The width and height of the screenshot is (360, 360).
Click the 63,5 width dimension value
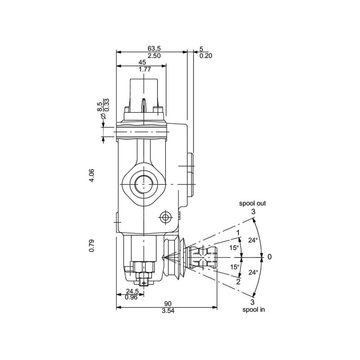coord(154,49)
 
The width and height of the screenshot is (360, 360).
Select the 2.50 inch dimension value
coord(154,56)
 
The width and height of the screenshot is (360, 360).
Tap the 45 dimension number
coord(142,62)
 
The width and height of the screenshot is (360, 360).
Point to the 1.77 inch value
coord(144,69)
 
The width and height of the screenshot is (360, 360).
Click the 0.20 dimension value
coord(206,56)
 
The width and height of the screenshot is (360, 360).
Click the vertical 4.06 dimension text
coord(92,175)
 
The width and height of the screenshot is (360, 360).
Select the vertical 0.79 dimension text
coord(92,245)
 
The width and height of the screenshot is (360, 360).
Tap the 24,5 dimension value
coord(132,291)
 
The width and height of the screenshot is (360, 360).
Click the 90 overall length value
coord(168,304)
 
